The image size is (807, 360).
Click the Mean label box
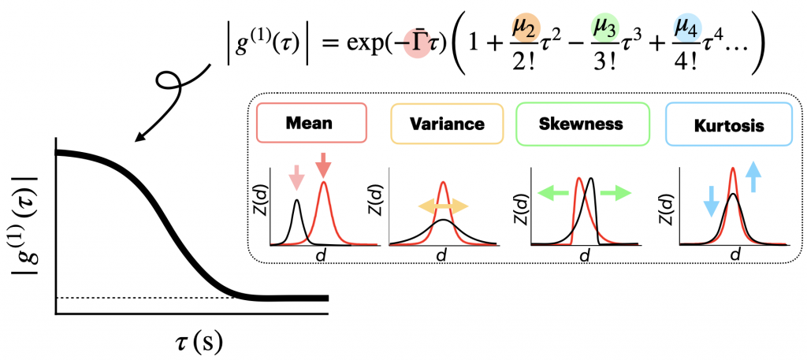click(x=311, y=124)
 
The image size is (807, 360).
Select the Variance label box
click(x=448, y=124)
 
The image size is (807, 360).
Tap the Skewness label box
click(x=582, y=124)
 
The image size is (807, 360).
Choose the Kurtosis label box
click(x=727, y=124)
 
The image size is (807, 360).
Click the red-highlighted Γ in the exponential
click(x=418, y=46)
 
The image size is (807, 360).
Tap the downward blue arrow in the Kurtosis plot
click(x=711, y=200)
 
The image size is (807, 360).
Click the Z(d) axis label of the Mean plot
click(x=262, y=206)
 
